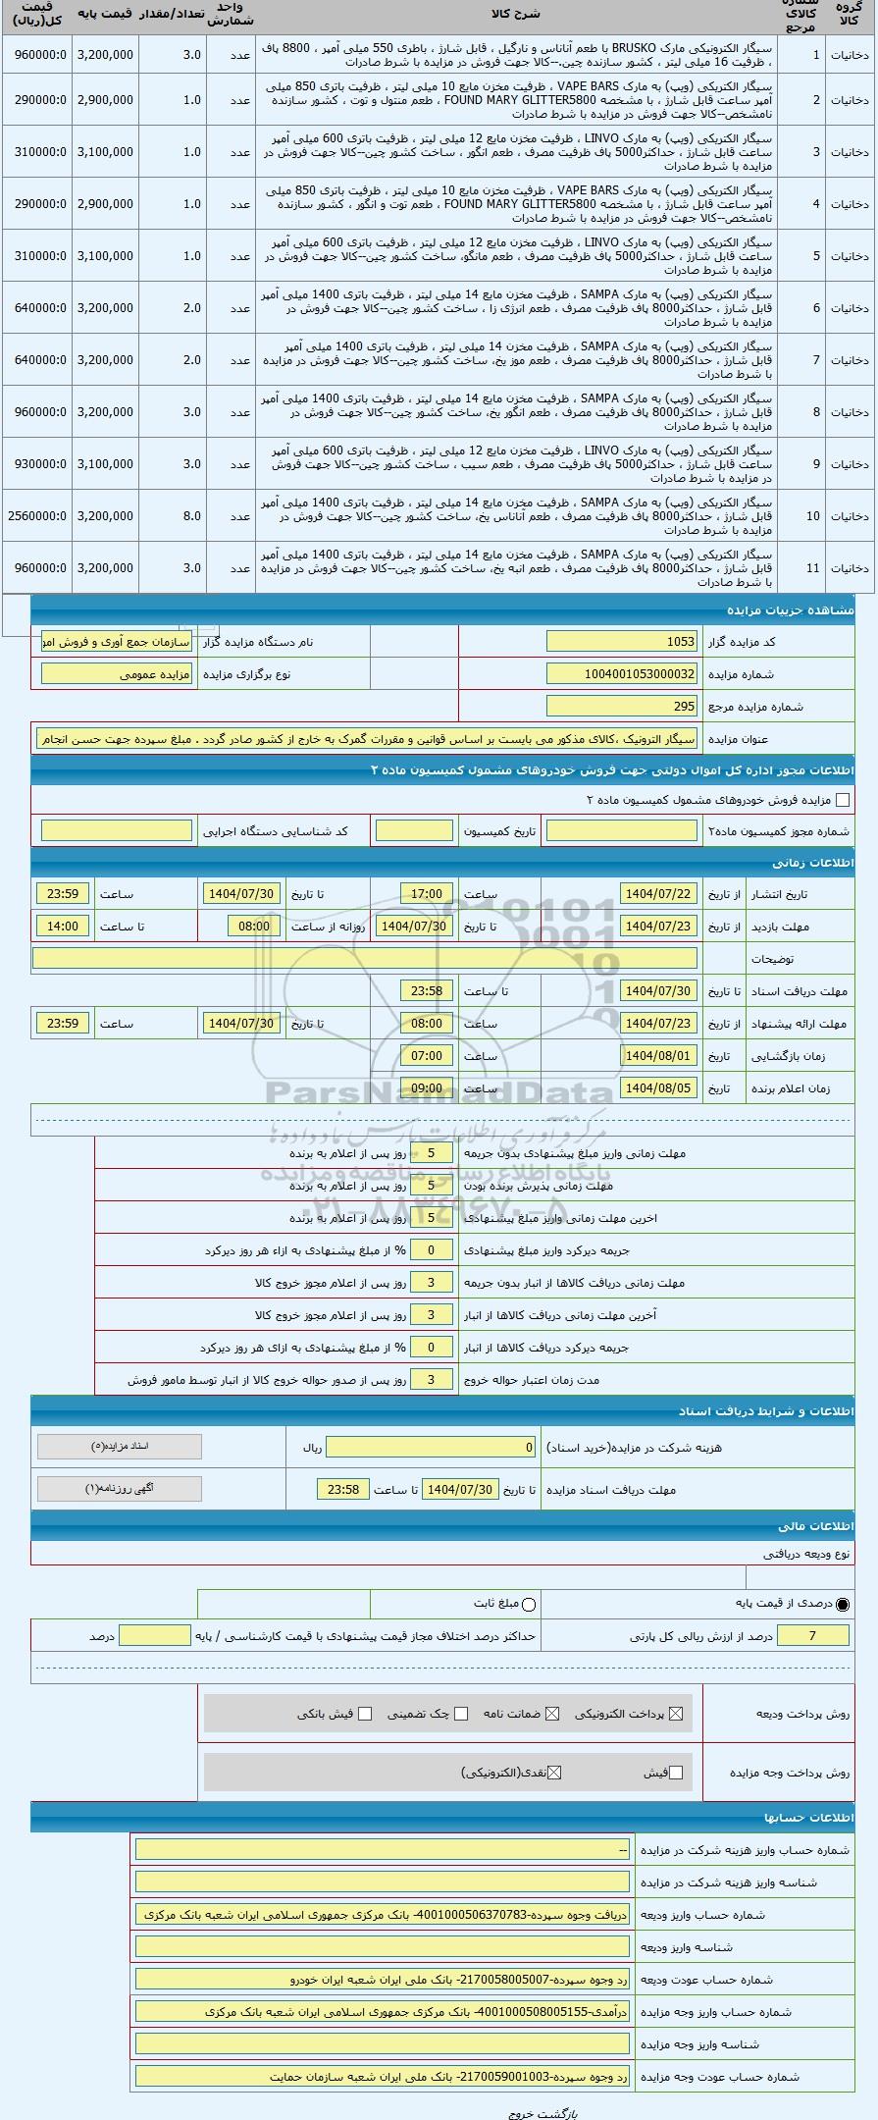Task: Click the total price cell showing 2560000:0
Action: pos(37,516)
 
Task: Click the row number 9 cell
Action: pos(813,464)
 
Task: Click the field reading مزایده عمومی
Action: pos(117,674)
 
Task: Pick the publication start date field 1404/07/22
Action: pos(658,894)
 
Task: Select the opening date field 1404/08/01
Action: pos(658,1056)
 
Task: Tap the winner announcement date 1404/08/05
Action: pos(658,1088)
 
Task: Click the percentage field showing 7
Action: pos(813,1635)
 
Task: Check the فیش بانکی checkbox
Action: pos(365,1714)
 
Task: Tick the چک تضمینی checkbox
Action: pos(461,1714)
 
